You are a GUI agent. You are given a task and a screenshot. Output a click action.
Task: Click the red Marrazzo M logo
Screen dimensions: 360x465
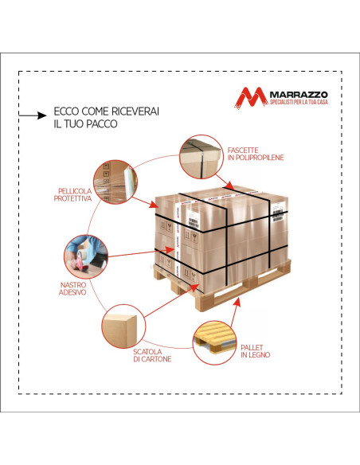pyautogui.click(x=251, y=97)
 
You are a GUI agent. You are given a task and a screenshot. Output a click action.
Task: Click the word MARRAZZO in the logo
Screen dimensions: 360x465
pyautogui.click(x=299, y=95)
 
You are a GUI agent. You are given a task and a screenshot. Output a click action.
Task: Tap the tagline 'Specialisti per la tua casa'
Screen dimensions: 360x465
pyautogui.click(x=299, y=102)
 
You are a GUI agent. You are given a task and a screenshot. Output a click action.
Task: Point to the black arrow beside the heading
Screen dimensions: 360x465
pyautogui.click(x=33, y=115)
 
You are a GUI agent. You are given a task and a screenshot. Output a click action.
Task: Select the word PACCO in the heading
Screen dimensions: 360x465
pyautogui.click(x=101, y=124)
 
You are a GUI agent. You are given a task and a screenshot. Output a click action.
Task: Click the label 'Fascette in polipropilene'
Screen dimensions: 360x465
pyautogui.click(x=256, y=154)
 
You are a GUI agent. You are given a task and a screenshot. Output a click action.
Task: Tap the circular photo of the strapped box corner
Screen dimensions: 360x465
pyautogui.click(x=201, y=157)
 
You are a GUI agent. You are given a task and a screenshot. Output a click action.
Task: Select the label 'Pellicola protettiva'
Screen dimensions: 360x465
pyautogui.click(x=73, y=195)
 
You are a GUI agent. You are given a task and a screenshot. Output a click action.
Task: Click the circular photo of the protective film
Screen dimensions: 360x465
pyautogui.click(x=115, y=182)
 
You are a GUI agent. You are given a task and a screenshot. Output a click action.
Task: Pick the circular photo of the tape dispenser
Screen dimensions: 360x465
pyautogui.click(x=86, y=256)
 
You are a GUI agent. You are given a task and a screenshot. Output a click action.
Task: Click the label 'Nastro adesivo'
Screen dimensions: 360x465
pyautogui.click(x=72, y=288)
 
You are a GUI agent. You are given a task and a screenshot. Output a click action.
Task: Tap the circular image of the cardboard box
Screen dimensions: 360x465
pyautogui.click(x=123, y=326)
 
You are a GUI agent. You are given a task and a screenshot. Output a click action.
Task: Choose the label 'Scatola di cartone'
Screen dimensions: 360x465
pyautogui.click(x=152, y=355)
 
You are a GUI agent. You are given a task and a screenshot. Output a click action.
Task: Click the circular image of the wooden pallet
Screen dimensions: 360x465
pyautogui.click(x=215, y=342)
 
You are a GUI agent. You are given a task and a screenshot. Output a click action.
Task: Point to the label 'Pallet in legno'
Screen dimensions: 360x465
pyautogui.click(x=256, y=351)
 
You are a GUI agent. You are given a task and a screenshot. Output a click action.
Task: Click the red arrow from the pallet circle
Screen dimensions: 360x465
pyautogui.click(x=236, y=313)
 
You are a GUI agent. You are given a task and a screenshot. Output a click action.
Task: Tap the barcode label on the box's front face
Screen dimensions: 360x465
pyautogui.click(x=193, y=221)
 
